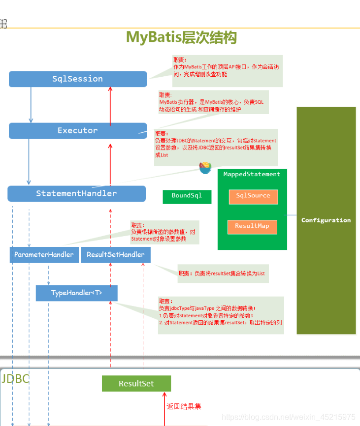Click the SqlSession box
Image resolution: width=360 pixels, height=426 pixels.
point(78,79)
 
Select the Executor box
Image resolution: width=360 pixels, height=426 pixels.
point(78,131)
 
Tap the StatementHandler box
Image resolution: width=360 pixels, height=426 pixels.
point(76,194)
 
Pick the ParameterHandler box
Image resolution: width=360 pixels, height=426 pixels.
point(44,255)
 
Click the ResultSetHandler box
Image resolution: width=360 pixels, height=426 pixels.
point(116,255)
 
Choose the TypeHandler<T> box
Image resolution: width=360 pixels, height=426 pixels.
point(76,293)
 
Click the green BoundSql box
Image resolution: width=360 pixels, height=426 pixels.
point(187,196)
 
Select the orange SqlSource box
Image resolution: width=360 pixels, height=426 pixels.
point(253,196)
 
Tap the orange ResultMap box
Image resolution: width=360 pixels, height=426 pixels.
point(252,226)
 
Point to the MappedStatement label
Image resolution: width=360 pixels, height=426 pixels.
point(252,174)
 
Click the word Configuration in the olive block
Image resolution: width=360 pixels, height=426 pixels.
point(326,220)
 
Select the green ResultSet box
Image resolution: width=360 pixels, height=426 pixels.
point(136,384)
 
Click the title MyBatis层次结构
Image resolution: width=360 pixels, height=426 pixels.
point(181,37)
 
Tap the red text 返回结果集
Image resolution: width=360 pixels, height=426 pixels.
point(184,406)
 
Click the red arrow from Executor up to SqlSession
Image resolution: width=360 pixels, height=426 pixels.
point(110,106)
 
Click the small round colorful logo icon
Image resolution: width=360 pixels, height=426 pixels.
point(205,168)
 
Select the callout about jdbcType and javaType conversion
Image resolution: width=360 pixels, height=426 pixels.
point(221,315)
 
